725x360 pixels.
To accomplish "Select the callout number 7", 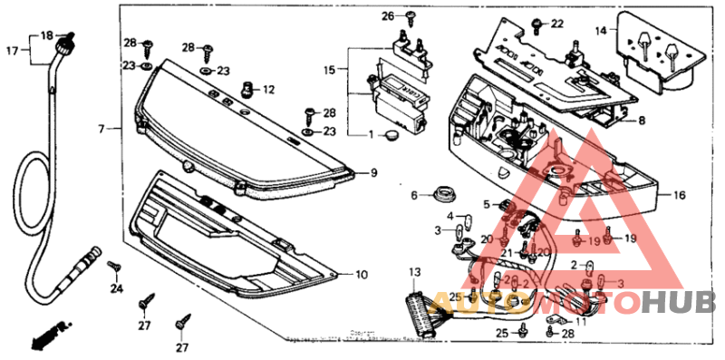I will click(101, 130).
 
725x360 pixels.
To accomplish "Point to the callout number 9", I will click(372, 171).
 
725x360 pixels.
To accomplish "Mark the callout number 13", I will click(415, 273).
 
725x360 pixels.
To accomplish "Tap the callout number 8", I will click(641, 120).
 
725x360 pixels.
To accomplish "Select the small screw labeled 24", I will click(115, 267).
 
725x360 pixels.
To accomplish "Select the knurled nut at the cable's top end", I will click(65, 40).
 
